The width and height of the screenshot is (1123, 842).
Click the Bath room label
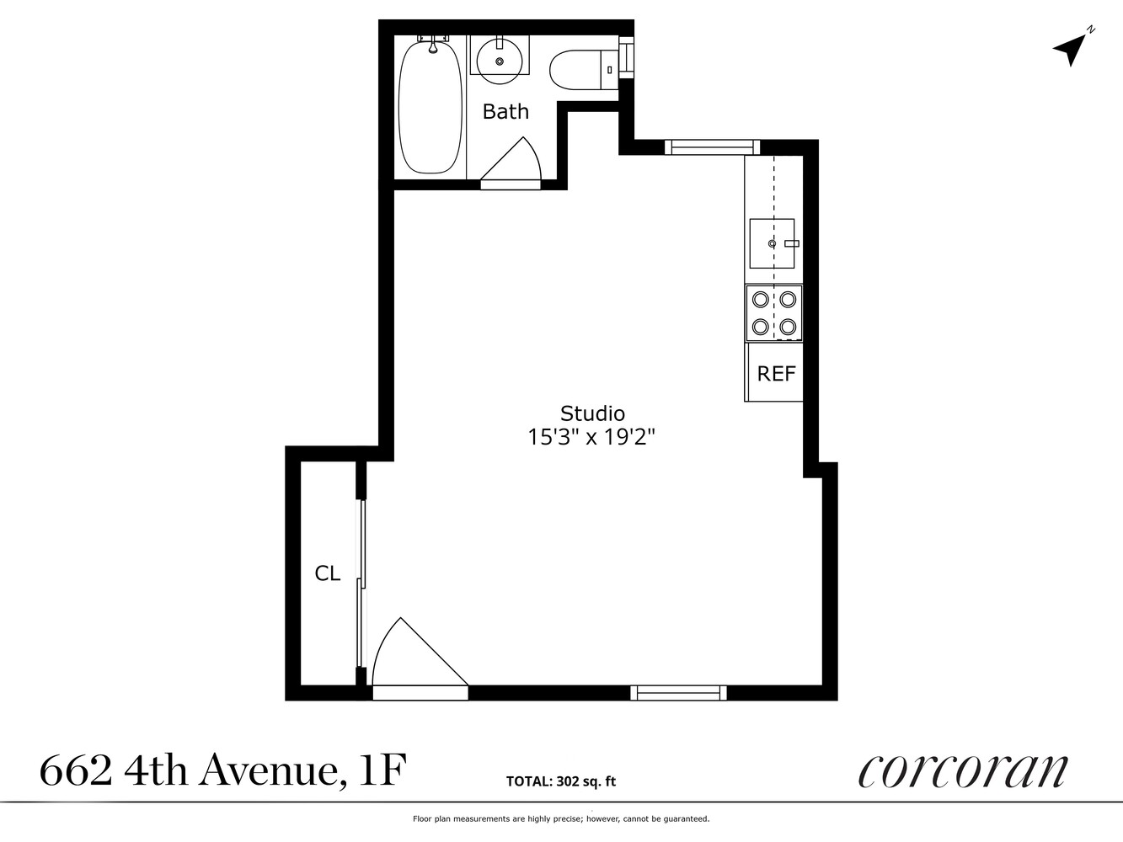(505, 111)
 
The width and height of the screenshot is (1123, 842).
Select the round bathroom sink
(500, 59)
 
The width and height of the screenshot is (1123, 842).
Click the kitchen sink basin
(772, 242)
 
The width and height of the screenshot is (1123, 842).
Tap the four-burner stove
(774, 312)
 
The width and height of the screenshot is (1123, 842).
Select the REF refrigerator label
(776, 373)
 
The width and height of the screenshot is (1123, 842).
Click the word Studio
(592, 413)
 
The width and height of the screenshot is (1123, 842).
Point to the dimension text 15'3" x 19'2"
(591, 437)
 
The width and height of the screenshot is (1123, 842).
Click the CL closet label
(327, 573)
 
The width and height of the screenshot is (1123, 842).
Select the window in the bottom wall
(678, 692)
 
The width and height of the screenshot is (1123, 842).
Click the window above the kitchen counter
(712, 147)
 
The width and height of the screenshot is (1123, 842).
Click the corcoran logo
(962, 770)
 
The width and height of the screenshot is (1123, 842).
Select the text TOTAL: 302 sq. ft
(560, 781)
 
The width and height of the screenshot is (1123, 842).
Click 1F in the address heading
(381, 770)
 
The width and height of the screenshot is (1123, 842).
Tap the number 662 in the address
(76, 770)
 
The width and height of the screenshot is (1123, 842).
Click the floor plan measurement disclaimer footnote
(560, 818)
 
